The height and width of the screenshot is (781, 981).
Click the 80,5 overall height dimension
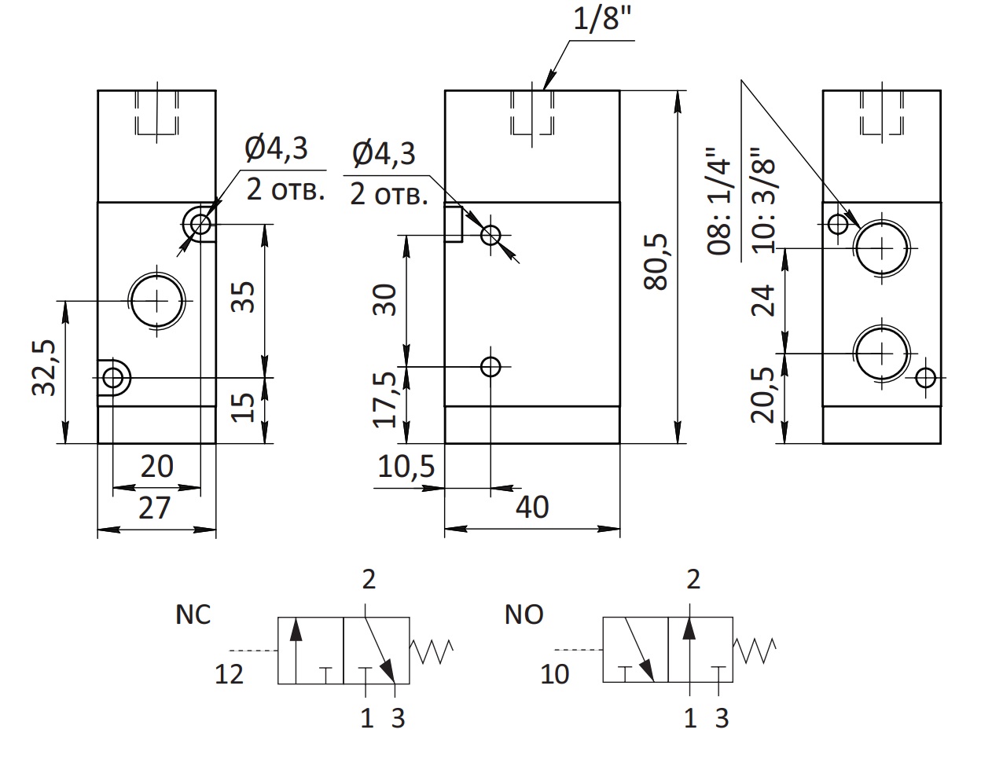pyautogui.click(x=656, y=262)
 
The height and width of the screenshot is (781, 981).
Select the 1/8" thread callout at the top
pyautogui.click(x=602, y=19)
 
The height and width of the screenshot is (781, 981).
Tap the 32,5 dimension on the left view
pyautogui.click(x=44, y=368)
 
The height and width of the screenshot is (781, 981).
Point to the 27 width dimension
pyautogui.click(x=155, y=508)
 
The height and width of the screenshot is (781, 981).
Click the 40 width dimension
pyautogui.click(x=532, y=507)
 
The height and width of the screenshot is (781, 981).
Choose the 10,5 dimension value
pyautogui.click(x=406, y=467)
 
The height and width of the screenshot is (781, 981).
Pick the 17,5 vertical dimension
pyautogui.click(x=385, y=400)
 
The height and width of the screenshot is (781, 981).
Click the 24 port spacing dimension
pyautogui.click(x=762, y=300)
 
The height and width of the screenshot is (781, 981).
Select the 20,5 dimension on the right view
pyautogui.click(x=762, y=395)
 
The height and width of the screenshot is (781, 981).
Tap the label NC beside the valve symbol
pyautogui.click(x=193, y=614)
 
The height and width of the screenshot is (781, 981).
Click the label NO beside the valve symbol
pyautogui.click(x=524, y=614)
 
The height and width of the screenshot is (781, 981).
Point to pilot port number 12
pyautogui.click(x=229, y=674)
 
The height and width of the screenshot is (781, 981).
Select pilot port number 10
pyautogui.click(x=555, y=674)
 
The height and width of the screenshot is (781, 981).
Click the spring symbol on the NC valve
pyautogui.click(x=432, y=651)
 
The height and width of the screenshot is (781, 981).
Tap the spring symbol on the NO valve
pyautogui.click(x=755, y=651)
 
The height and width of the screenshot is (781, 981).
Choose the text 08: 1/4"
pyautogui.click(x=719, y=201)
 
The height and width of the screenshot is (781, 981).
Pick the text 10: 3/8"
pyautogui.click(x=762, y=200)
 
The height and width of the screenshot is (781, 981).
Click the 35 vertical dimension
pyautogui.click(x=242, y=297)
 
